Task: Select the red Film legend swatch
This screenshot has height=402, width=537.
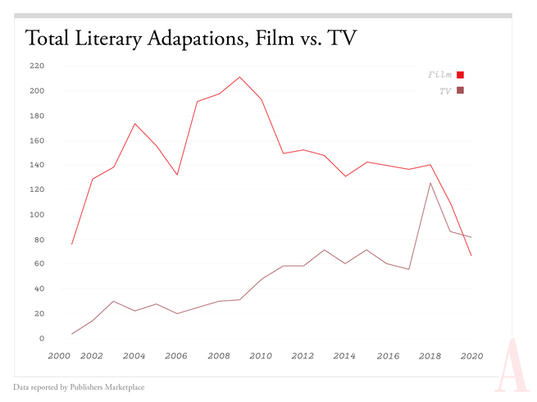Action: coord(461,75)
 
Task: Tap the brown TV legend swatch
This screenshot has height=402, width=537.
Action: coord(461,90)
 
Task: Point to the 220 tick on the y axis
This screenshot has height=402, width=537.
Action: coord(36,66)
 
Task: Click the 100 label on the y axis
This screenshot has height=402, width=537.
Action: coord(36,214)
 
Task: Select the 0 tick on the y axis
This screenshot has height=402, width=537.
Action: coord(41,338)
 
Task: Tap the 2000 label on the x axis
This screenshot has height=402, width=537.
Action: coord(60,356)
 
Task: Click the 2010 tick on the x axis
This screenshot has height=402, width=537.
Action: coord(261,356)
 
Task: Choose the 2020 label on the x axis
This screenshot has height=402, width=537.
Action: coord(471,356)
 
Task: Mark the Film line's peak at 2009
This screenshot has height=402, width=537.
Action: coord(239,77)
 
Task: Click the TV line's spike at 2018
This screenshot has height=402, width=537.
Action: coord(430,182)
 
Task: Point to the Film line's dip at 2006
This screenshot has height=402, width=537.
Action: coord(177,175)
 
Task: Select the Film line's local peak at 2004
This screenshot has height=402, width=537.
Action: coord(134,124)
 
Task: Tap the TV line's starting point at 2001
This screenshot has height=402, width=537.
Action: coord(72,334)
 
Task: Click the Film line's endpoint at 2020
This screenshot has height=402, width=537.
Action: coord(471,256)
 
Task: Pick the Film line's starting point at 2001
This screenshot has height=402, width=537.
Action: coord(72,244)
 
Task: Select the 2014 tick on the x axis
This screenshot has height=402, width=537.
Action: coord(345,356)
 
